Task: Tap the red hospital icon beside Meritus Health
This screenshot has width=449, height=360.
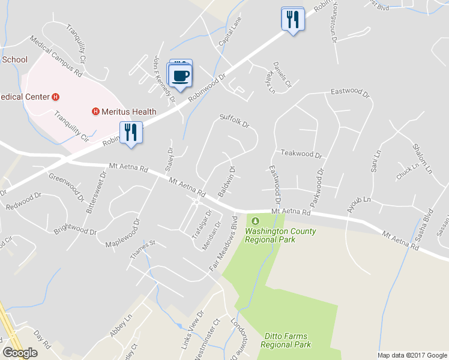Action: tap(95, 112)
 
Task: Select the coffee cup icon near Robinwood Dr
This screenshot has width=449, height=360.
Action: tap(181, 76)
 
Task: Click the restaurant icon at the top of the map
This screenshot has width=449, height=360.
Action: tap(292, 19)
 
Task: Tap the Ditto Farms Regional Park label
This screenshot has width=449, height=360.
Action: tap(286, 341)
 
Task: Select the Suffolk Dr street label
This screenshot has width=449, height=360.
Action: tap(234, 120)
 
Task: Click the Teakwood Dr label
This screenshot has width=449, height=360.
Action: tap(301, 154)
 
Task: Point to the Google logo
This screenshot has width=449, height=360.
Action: tap(20, 353)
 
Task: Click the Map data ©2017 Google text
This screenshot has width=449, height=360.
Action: tap(411, 355)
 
